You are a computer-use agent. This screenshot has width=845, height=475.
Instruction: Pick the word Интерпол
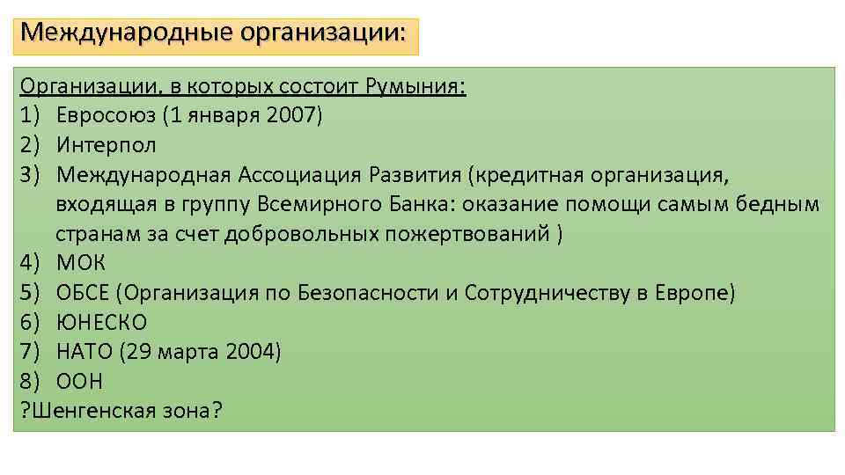coord(107,145)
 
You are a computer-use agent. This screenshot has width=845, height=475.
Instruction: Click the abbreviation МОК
coord(81,263)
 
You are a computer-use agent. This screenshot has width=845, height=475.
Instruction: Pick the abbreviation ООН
coord(79,382)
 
